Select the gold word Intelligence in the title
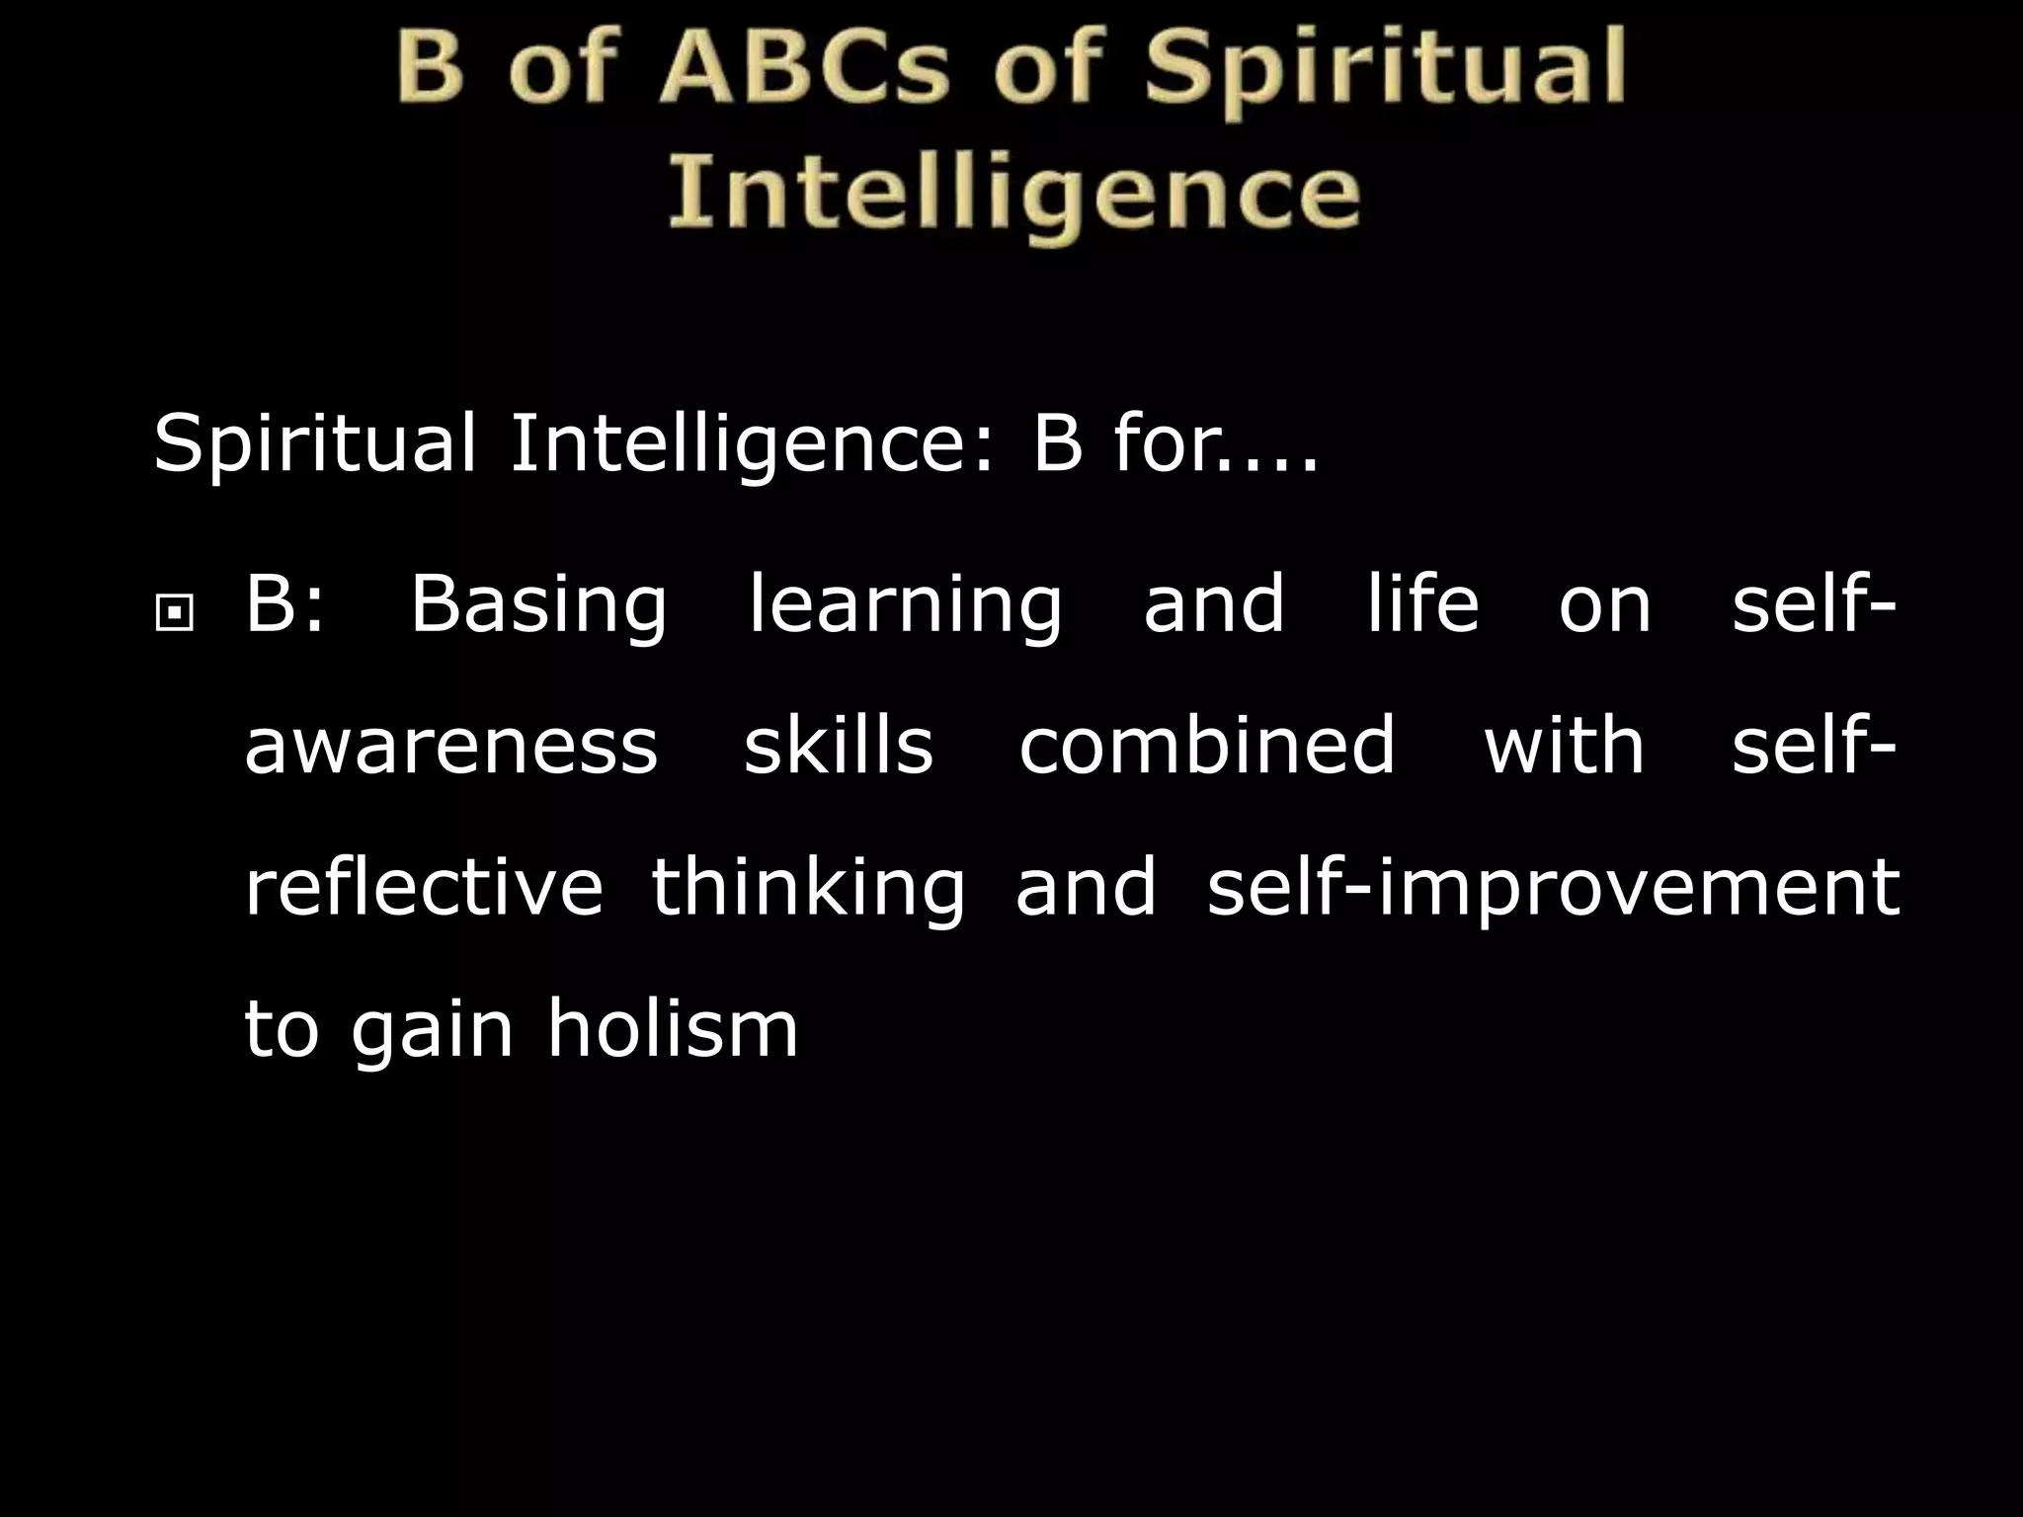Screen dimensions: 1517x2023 coord(1013,193)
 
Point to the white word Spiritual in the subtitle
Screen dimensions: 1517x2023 coord(315,445)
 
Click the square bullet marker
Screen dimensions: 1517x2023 coord(175,615)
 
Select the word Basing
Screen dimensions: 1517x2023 coord(538,605)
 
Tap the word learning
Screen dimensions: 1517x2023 coord(904,605)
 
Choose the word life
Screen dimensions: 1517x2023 coord(1422,603)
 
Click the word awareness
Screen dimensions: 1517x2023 coord(450,746)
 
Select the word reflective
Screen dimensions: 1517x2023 coord(423,886)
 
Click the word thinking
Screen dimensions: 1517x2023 coord(808,888)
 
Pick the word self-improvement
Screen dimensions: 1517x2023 coord(1553,888)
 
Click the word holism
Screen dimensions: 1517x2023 coord(673,1028)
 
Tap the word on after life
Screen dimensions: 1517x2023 coord(1605,605)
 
